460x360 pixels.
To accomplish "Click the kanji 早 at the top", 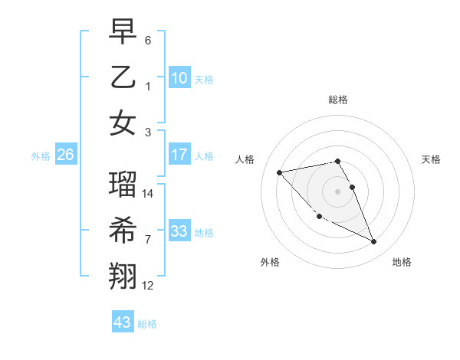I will click(123, 31).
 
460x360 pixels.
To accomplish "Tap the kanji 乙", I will click(123, 77).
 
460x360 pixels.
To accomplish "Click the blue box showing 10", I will click(179, 78).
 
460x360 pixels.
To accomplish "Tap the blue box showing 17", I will click(179, 155).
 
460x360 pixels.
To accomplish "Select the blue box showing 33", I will click(179, 231).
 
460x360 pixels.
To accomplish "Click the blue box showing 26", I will click(65, 155).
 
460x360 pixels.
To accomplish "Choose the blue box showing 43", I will click(123, 322).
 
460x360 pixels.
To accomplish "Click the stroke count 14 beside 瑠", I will click(149, 194).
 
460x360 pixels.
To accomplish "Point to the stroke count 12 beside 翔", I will click(149, 286).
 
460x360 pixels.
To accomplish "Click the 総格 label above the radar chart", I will click(338, 100).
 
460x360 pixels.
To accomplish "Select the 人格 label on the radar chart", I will click(245, 159).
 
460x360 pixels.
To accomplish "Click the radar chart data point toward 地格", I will click(374, 242).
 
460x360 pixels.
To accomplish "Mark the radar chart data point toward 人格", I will click(279, 172).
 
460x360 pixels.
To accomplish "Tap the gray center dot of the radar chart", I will click(338, 191).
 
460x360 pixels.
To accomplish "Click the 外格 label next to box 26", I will click(41, 156).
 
